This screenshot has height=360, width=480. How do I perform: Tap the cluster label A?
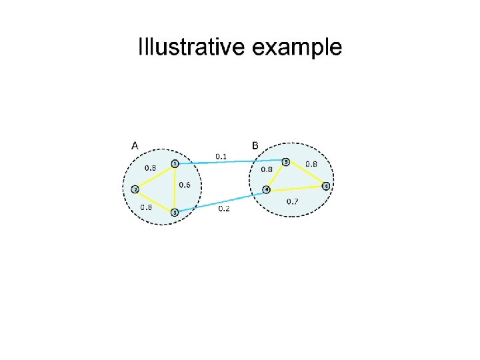click(x=135, y=145)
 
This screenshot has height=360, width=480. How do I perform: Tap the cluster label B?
click(x=255, y=145)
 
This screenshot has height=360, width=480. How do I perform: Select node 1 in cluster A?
click(x=175, y=163)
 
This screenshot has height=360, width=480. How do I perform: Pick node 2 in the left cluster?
click(x=135, y=189)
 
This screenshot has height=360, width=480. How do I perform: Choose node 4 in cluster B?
click(x=267, y=189)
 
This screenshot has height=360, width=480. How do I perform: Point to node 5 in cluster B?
click(x=286, y=161)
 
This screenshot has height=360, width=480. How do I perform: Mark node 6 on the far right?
click(x=326, y=186)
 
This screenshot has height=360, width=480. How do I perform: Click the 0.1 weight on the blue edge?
click(x=221, y=156)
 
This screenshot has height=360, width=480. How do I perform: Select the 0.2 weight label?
click(x=225, y=208)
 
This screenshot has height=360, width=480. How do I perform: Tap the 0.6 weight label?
click(x=185, y=185)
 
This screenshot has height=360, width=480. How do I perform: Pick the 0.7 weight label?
click(x=292, y=201)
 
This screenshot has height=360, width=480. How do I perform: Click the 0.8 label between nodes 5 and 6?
click(x=311, y=164)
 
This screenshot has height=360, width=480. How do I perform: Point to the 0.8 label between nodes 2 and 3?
click(x=145, y=207)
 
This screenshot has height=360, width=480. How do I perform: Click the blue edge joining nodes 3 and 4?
click(x=220, y=201)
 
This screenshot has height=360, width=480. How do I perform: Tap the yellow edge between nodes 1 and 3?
click(x=175, y=188)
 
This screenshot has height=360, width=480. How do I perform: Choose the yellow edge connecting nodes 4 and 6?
click(x=297, y=188)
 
